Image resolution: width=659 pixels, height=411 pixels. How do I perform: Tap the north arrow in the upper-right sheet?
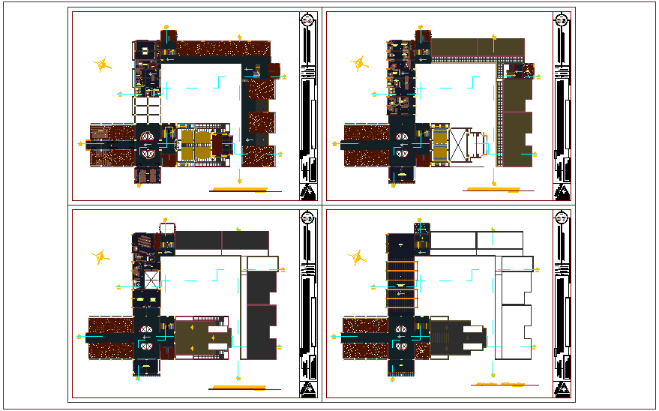tap(361, 64)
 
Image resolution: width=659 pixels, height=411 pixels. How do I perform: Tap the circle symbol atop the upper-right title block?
tap(561, 20)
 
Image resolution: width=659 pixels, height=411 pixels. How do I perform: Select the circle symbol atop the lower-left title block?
tap(307, 218)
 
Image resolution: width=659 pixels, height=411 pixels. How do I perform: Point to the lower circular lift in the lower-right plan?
tap(402, 347)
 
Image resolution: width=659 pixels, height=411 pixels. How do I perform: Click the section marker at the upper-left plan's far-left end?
tap(80, 142)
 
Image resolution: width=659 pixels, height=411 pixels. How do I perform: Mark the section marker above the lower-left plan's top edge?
tap(163, 218)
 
